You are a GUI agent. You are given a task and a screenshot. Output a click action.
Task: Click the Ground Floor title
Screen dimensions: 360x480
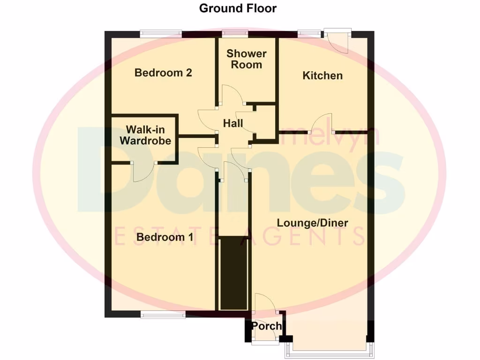coord(238,8)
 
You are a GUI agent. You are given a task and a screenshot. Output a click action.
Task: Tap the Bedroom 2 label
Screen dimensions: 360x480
coord(163,73)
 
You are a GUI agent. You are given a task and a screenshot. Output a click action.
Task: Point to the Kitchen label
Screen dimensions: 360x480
coord(322,75)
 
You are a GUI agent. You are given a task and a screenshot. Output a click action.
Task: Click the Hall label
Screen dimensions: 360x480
coord(233,124)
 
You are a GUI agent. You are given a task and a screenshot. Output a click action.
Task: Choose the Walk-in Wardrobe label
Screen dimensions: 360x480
coord(145,135)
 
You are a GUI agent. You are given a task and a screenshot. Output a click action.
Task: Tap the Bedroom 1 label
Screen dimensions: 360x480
coord(165,237)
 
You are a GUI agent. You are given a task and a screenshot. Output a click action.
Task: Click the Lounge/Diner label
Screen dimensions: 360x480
coord(312,223)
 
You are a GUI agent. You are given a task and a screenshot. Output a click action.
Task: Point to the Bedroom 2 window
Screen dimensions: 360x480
coord(161,33)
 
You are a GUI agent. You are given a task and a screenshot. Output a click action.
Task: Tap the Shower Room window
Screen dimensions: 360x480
coord(235,33)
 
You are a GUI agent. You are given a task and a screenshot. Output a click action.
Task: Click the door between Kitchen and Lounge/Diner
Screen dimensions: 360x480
coord(325,124)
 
